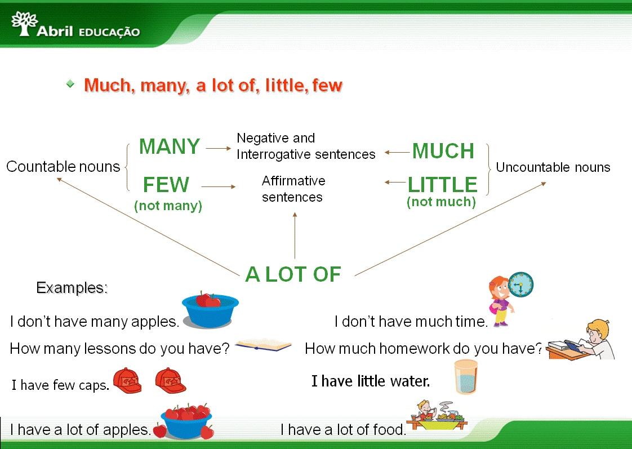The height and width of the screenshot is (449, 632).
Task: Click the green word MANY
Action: tap(170, 146)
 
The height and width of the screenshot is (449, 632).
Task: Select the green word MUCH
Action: tap(443, 151)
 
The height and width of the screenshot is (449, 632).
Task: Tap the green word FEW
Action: tap(166, 185)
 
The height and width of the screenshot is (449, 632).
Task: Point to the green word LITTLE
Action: tap(443, 185)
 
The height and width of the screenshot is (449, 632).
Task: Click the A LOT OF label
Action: tap(293, 274)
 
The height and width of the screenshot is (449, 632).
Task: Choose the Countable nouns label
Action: tap(63, 166)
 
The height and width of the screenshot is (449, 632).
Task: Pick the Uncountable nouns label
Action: tap(553, 167)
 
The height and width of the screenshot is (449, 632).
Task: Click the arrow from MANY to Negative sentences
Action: tap(219, 148)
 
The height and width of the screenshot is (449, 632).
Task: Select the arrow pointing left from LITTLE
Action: tap(395, 182)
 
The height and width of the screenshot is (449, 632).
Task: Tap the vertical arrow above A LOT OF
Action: tap(295, 235)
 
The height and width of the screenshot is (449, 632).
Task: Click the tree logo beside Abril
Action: tap(24, 23)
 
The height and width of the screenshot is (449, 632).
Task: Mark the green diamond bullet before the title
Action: tap(70, 84)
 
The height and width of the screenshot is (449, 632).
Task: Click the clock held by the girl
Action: tap(521, 284)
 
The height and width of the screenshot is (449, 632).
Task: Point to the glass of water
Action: tap(466, 377)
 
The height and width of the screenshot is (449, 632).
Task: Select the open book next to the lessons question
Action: tap(263, 345)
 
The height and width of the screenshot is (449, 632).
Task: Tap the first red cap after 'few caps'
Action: tap(127, 380)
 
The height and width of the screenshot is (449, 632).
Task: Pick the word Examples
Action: tap(72, 288)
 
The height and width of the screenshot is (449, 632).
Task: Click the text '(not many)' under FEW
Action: tap(168, 206)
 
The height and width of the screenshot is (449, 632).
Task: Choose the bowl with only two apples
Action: tap(210, 309)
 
